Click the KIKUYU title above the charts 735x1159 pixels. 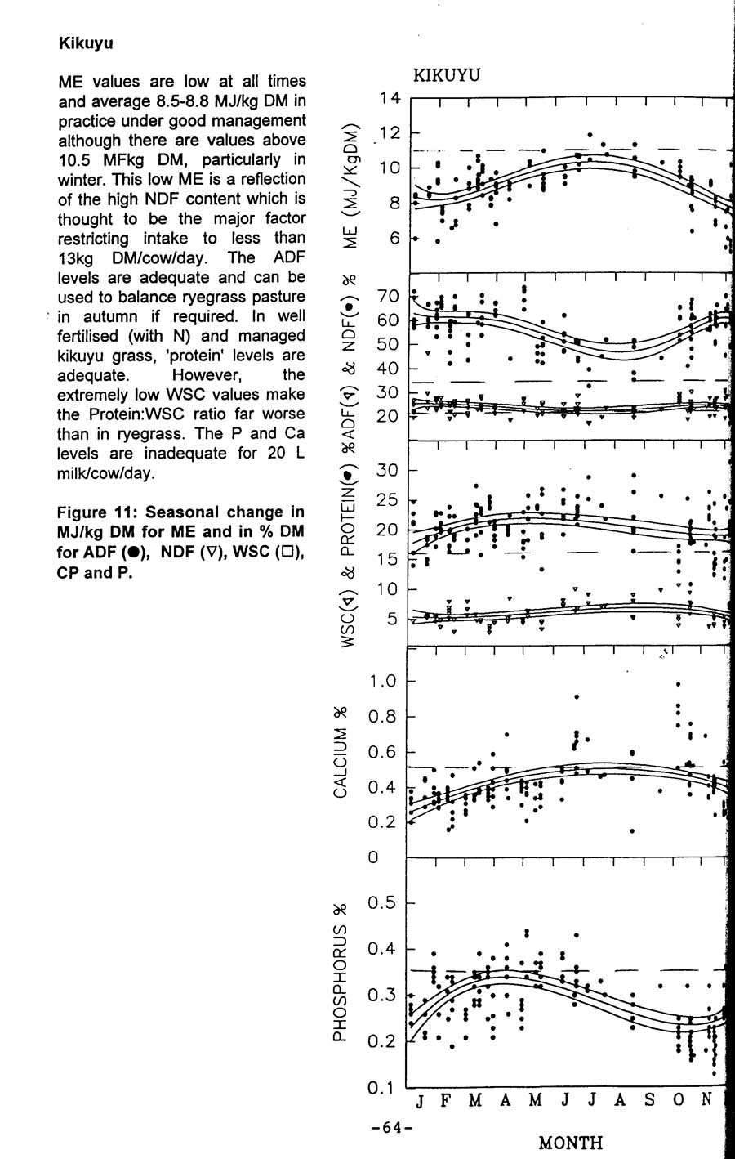tap(447, 76)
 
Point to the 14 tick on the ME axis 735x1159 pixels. tap(390, 99)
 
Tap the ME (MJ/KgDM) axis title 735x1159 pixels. tap(351, 186)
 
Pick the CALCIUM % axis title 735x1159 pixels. tap(341, 760)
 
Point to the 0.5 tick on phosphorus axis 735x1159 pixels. tap(382, 903)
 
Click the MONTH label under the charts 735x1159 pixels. tap(571, 1142)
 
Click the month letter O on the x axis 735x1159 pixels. tap(679, 1100)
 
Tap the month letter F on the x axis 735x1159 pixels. tap(446, 1100)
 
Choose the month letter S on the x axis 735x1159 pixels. tap(649, 1100)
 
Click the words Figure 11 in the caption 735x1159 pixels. tap(95, 512)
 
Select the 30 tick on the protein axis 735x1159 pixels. tap(387, 471)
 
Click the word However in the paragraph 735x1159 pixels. tap(204, 375)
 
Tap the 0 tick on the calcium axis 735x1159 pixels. tap(374, 857)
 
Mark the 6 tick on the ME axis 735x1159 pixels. tap(395, 239)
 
